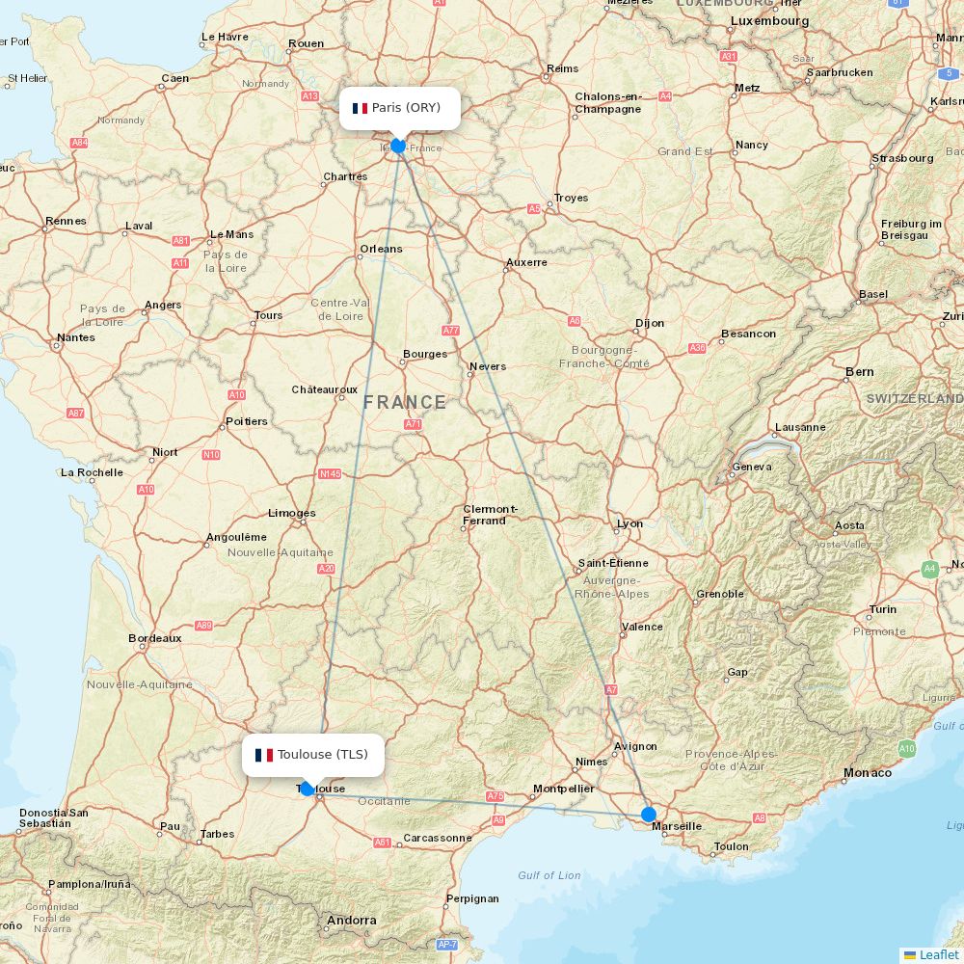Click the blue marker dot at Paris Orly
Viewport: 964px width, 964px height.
click(x=397, y=146)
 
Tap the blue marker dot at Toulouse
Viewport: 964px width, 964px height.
click(x=308, y=789)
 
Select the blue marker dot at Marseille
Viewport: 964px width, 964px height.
click(x=649, y=815)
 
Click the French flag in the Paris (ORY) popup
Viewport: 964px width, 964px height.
click(x=361, y=108)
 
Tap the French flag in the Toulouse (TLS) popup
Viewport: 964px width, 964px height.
click(x=264, y=755)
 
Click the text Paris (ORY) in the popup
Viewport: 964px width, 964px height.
click(x=406, y=107)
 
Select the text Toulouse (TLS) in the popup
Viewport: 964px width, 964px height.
click(x=322, y=754)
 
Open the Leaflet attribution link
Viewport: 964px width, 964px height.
click(x=938, y=954)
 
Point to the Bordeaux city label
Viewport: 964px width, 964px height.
click(x=154, y=638)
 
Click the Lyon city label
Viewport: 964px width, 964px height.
click(x=629, y=523)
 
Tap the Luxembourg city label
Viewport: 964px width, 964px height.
click(x=769, y=20)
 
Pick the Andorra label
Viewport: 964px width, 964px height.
click(x=351, y=921)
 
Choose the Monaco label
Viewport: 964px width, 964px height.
click(x=868, y=772)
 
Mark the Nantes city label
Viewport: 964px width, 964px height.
click(x=76, y=337)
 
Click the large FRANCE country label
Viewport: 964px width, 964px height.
click(x=405, y=402)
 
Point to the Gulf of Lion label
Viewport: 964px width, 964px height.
click(x=549, y=875)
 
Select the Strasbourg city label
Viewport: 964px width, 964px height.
click(x=902, y=158)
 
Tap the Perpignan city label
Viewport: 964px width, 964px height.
click(x=472, y=898)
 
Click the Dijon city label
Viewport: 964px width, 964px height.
click(x=650, y=323)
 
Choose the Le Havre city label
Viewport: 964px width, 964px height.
click(x=225, y=38)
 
